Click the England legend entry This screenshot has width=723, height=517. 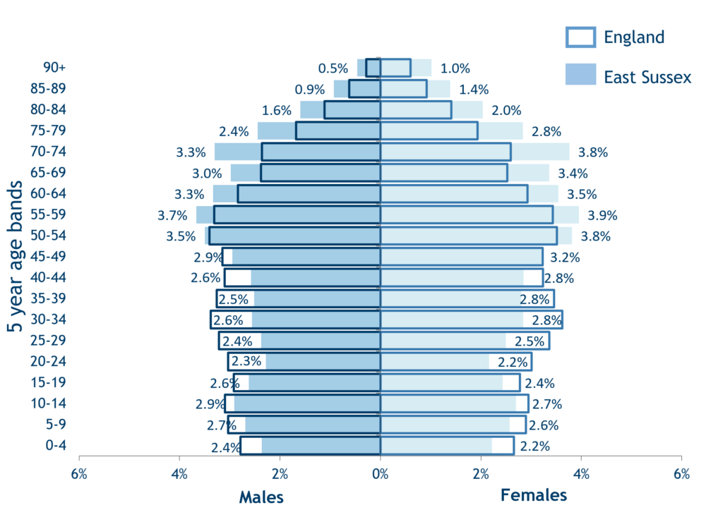point(615,37)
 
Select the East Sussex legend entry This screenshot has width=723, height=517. point(628,75)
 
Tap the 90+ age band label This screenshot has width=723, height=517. point(54,68)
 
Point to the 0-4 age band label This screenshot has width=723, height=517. point(54,446)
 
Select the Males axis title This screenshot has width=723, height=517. point(261,497)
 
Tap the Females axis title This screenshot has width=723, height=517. point(534,495)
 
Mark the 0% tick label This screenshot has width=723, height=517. point(381,473)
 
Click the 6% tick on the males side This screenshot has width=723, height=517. point(79,473)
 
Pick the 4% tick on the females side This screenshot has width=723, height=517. point(581,473)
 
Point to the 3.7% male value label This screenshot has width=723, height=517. point(172,215)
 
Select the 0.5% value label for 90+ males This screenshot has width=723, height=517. point(333,68)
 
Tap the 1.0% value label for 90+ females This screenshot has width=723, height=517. point(455,68)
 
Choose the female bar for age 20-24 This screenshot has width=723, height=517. point(438,362)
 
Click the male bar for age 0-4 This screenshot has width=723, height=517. point(318,446)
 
